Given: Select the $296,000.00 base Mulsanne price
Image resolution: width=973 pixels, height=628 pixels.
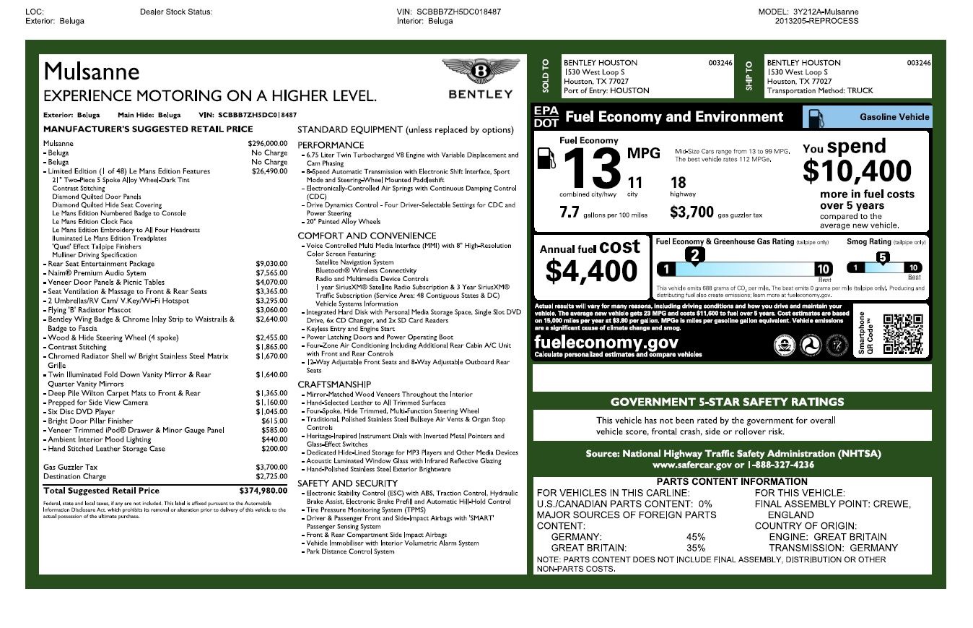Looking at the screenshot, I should point(268,144).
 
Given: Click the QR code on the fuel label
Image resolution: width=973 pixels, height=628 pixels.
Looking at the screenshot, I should point(902,333).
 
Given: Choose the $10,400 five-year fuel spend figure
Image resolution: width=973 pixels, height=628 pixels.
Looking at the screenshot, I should point(857,171).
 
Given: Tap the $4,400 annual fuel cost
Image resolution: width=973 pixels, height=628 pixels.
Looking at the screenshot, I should point(591,271).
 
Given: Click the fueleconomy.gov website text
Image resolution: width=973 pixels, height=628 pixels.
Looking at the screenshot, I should point(606,343).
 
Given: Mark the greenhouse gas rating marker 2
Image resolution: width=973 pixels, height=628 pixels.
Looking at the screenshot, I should point(694,254).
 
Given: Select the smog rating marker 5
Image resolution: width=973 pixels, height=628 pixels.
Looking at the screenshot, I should point(882,257).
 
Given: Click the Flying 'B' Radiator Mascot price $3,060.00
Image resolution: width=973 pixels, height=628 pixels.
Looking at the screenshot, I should point(271,310).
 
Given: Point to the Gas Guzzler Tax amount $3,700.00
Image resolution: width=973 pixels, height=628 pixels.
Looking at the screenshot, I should point(271,467).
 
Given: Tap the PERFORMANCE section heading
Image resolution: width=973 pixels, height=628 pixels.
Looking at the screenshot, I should point(331,145).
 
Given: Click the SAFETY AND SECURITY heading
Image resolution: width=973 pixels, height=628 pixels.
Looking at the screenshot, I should point(348,483).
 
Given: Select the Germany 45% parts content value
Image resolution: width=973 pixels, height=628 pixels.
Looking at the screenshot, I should point(696,537).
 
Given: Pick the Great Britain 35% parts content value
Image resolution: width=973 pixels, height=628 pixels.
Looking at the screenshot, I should point(696,548).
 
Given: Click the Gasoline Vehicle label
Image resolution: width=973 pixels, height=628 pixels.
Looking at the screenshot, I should point(894,117).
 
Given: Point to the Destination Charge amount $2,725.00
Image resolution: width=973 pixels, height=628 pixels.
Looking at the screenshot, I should point(271,477).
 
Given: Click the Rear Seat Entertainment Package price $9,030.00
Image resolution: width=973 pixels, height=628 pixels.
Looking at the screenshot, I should point(271,264).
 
